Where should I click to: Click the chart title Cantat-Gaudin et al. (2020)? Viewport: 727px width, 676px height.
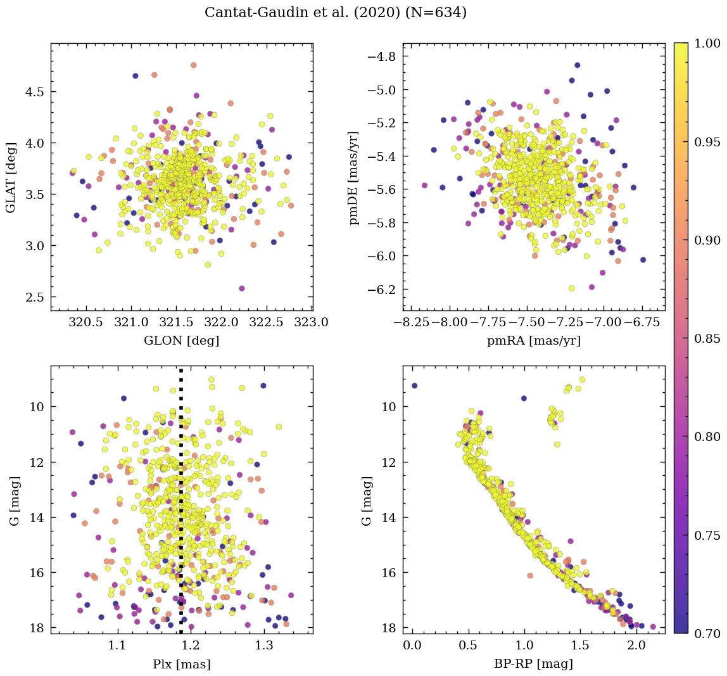[336, 13]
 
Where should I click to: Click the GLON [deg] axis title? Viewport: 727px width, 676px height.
[182, 340]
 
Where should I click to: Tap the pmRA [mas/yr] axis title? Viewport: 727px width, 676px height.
[533, 340]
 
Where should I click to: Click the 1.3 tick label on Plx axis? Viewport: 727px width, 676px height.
[264, 646]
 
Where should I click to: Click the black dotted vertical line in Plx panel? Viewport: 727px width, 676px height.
[181, 494]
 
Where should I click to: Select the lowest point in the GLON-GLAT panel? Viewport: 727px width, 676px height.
[242, 288]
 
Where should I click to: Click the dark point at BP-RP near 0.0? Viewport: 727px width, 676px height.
[414, 385]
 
